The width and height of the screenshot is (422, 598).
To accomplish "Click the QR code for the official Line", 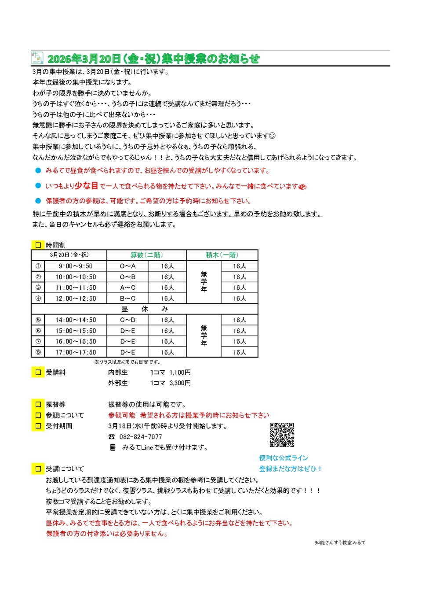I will click(x=281, y=435).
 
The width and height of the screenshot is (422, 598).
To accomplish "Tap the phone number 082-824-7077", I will click(x=141, y=437).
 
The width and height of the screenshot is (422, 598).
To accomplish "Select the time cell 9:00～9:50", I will click(x=76, y=266).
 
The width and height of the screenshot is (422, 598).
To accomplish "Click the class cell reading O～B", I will click(x=127, y=277).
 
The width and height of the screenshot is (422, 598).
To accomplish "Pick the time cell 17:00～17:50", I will click(x=76, y=352).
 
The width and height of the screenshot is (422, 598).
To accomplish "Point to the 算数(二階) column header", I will click(x=146, y=255).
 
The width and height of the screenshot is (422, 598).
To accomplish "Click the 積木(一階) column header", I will click(x=222, y=255).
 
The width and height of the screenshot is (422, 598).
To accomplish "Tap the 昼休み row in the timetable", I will click(x=144, y=309).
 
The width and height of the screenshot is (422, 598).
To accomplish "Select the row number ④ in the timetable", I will click(x=38, y=299).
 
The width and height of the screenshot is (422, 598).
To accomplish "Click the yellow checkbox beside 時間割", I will click(x=38, y=245).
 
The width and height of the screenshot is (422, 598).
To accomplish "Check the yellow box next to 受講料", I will click(x=38, y=373).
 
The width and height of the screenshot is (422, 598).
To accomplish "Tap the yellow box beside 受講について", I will click(x=38, y=469).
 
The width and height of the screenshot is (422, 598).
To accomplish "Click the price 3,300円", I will click(x=180, y=383).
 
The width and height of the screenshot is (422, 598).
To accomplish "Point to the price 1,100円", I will click(x=180, y=373).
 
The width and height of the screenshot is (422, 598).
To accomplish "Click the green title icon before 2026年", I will click(x=37, y=58).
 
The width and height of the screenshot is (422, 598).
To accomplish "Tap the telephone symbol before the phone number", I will click(x=112, y=437).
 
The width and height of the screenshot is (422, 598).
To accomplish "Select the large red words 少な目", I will click(x=86, y=186).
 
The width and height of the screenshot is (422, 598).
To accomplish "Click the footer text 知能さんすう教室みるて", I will click(x=340, y=543).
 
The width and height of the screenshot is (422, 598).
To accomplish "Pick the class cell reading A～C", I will click(x=127, y=288).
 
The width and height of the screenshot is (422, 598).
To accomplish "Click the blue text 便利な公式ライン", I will click(x=284, y=458).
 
